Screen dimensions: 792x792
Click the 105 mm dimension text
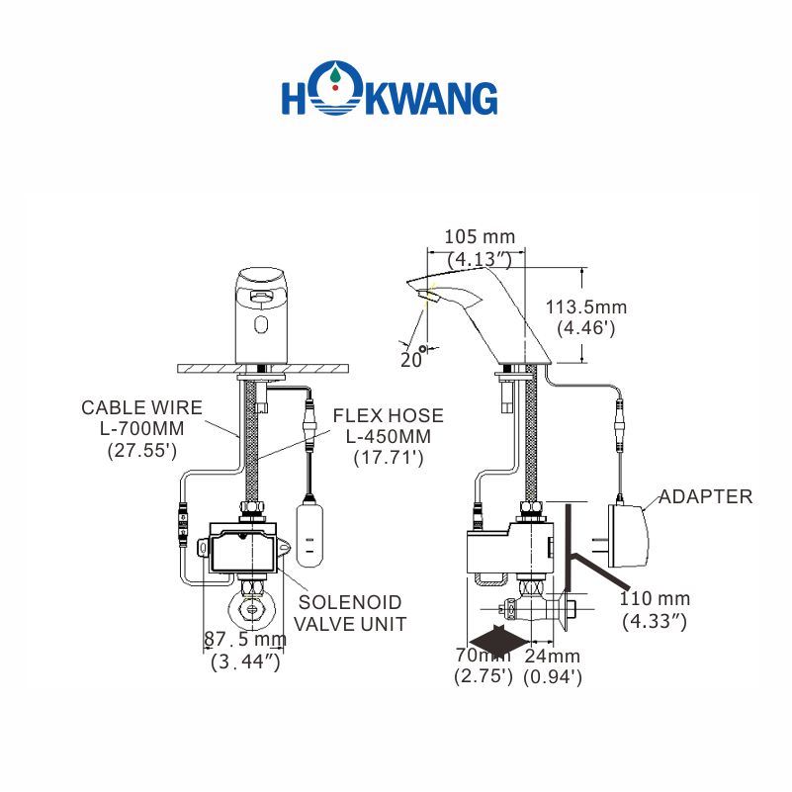point(480,237)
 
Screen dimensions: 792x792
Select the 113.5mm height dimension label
point(586,308)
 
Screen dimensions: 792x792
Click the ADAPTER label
point(705,496)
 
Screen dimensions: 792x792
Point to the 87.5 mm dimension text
point(245,640)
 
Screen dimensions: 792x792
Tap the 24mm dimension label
point(552,656)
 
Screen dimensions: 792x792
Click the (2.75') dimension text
point(484,676)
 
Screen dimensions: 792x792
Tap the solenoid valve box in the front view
point(245,548)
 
